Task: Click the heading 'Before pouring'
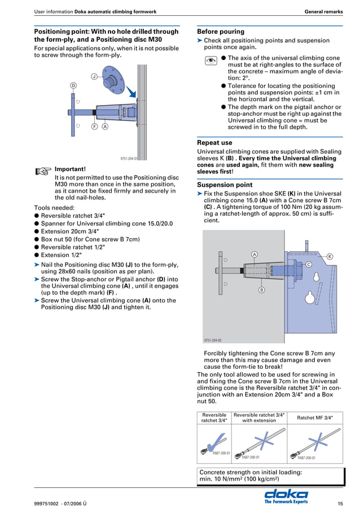pyautogui.click(x=221, y=32)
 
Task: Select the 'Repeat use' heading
pyautogui.click(x=214, y=143)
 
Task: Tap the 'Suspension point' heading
pyautogui.click(x=225, y=185)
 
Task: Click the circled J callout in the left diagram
pyautogui.click(x=94, y=76)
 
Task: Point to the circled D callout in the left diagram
pyautogui.click(x=73, y=85)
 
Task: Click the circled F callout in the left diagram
pyautogui.click(x=94, y=127)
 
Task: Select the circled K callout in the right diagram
pyautogui.click(x=330, y=257)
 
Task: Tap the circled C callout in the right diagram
pyautogui.click(x=309, y=264)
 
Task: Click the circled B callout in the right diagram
pyautogui.click(x=261, y=290)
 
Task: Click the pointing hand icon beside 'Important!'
pyautogui.click(x=42, y=170)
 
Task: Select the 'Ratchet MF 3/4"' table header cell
pyautogui.click(x=315, y=418)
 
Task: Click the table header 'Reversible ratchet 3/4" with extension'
pyautogui.click(x=259, y=417)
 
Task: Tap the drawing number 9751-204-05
pyautogui.click(x=213, y=340)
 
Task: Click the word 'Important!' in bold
pyautogui.click(x=70, y=169)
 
